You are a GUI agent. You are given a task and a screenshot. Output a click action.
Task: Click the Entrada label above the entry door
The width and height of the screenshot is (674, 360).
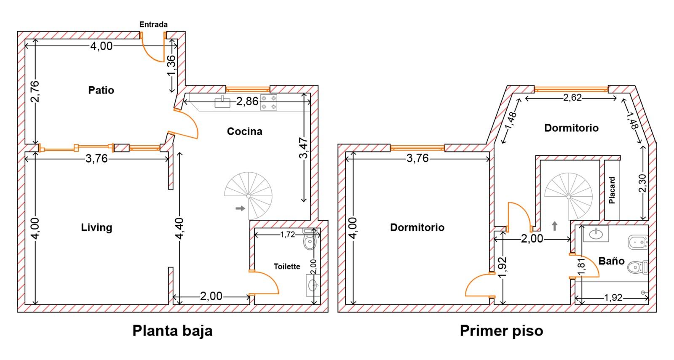[x=153, y=24]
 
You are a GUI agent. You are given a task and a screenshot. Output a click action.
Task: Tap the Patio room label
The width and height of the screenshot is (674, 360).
[x=101, y=90]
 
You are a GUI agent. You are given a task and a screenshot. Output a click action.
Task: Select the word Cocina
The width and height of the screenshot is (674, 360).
[x=245, y=131]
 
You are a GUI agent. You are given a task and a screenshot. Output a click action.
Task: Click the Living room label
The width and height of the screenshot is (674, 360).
[x=96, y=227]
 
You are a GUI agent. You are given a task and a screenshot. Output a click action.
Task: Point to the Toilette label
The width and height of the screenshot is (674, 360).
[x=287, y=267]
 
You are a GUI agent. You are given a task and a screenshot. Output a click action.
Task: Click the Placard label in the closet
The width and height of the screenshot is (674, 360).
[x=612, y=190]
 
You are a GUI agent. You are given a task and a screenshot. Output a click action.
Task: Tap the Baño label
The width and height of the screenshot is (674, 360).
[x=611, y=261]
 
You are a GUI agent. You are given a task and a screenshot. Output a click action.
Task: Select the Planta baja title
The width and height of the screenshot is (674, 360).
[x=172, y=331]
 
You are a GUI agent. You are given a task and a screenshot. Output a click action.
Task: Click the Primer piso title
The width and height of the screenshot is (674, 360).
[x=502, y=331]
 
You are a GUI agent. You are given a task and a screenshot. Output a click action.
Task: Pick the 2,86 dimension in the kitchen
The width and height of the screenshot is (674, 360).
[x=247, y=101]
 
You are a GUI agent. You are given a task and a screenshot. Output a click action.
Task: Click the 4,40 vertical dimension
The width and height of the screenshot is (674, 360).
[x=179, y=229]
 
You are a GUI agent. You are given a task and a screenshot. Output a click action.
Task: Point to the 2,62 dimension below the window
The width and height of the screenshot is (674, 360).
[x=572, y=98]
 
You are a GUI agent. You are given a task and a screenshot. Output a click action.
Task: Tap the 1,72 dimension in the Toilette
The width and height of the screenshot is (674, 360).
[x=288, y=235]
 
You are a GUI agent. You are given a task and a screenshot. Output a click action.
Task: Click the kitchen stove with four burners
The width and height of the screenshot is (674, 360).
[x=268, y=103]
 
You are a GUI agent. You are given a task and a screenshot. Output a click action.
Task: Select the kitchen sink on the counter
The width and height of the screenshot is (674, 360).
[x=222, y=102]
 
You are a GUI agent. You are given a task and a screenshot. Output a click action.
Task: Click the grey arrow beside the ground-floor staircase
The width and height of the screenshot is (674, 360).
[x=240, y=208]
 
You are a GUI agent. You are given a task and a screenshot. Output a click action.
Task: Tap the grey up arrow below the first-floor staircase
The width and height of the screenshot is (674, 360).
[x=554, y=226]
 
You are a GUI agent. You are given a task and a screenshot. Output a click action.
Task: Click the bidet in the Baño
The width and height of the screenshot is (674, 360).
[x=638, y=243]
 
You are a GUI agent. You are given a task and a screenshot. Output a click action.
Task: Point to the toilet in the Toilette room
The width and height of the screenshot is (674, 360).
[x=310, y=240]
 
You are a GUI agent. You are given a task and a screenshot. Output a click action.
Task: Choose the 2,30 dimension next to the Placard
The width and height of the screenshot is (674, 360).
[x=642, y=183]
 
